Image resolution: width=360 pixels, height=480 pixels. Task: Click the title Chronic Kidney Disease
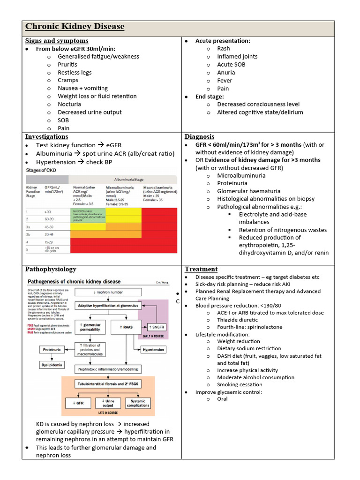click(x=75, y=26)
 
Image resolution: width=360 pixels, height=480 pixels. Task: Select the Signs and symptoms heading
click(x=57, y=41)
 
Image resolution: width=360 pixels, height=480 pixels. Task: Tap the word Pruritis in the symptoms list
click(x=67, y=64)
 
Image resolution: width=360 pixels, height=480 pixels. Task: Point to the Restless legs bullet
click(x=75, y=72)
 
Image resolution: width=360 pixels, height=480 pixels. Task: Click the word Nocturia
click(x=69, y=104)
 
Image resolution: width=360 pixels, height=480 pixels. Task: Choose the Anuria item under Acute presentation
click(x=226, y=72)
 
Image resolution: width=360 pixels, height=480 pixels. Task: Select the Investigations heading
click(x=46, y=136)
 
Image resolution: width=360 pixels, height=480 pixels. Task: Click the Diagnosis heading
click(x=199, y=136)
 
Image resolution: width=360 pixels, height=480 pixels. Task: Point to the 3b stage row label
click(x=29, y=233)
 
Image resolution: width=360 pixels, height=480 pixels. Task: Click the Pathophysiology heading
click(x=51, y=269)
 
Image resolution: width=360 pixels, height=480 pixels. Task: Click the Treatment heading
click(x=201, y=269)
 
